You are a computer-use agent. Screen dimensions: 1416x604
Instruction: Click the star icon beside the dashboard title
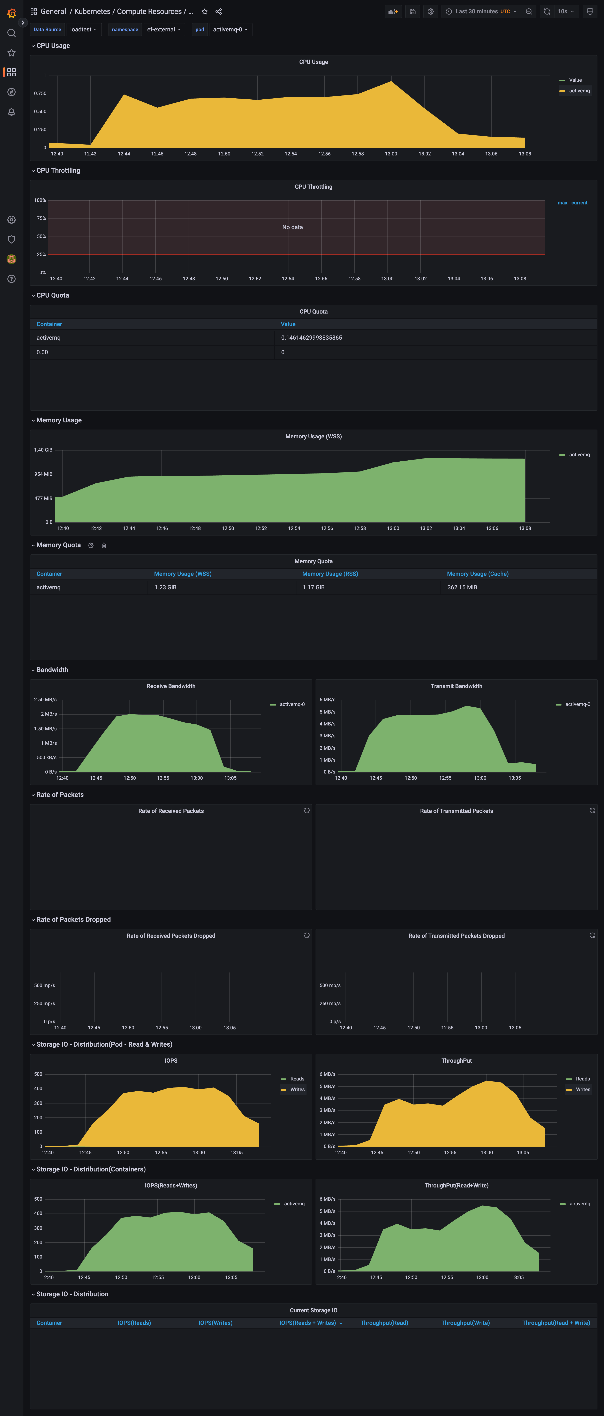pyautogui.click(x=205, y=11)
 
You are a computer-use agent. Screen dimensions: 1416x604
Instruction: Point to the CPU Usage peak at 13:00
pyautogui.click(x=391, y=82)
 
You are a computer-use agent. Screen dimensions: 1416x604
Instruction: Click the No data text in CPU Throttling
pyautogui.click(x=292, y=227)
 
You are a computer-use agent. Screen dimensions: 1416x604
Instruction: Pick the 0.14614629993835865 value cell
pyautogui.click(x=311, y=338)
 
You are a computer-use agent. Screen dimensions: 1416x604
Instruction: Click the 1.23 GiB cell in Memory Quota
pyautogui.click(x=166, y=587)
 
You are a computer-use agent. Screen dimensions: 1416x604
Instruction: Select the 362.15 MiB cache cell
pyautogui.click(x=462, y=587)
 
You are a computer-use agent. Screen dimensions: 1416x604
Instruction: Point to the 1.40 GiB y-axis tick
pyautogui.click(x=44, y=450)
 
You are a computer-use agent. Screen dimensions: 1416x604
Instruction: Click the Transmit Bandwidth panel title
pyautogui.click(x=456, y=686)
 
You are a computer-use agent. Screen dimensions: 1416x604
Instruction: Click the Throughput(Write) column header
pyautogui.click(x=465, y=1323)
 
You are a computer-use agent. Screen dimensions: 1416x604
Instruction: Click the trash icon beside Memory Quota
pyautogui.click(x=104, y=545)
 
